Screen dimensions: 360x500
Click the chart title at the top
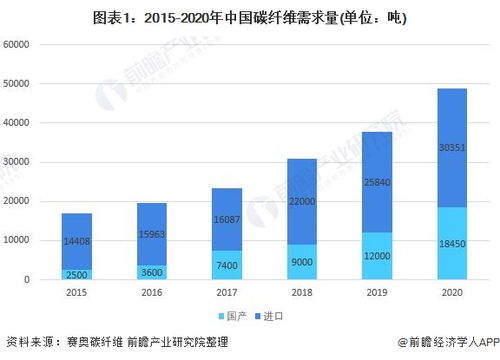pos(250,18)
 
